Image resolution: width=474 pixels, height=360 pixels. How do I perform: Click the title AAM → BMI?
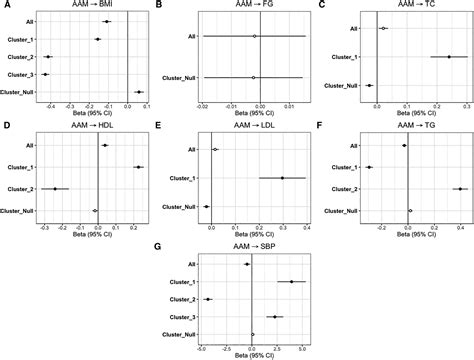click(x=94, y=6)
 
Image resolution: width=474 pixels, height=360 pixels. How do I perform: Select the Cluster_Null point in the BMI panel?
click(x=139, y=92)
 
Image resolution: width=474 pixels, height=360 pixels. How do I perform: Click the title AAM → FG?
click(x=254, y=6)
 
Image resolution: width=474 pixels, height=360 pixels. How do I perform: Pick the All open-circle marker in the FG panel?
click(x=255, y=36)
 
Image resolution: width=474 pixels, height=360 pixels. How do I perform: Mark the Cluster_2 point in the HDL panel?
click(x=56, y=189)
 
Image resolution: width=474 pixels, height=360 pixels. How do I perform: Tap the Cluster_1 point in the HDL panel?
click(x=138, y=167)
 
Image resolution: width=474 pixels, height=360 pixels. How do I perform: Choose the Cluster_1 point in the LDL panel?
click(x=282, y=178)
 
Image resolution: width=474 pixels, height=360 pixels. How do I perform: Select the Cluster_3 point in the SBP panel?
click(x=275, y=317)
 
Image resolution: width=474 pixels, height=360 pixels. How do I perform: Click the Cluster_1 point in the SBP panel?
click(x=291, y=281)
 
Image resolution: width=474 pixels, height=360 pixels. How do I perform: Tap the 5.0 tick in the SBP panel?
click(x=299, y=348)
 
